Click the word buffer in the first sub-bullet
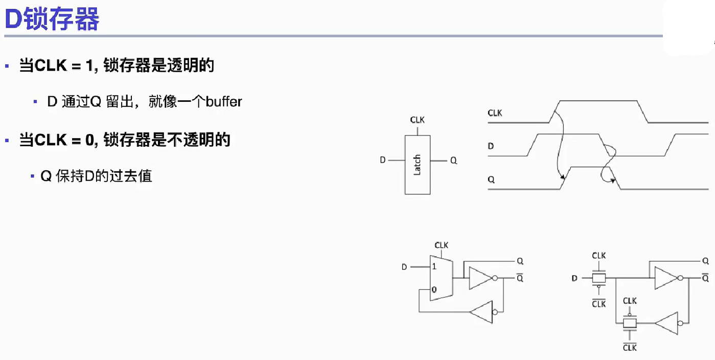click(x=224, y=102)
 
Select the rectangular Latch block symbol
click(x=417, y=165)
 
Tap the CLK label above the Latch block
click(x=417, y=120)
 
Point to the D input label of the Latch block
click(x=383, y=160)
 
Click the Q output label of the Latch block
click(x=454, y=161)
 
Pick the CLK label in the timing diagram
click(x=495, y=113)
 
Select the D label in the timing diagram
click(x=491, y=146)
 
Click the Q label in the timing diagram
click(x=491, y=180)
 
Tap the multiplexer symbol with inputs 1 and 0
click(x=441, y=278)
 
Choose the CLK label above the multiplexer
click(x=441, y=245)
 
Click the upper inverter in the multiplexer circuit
click(x=480, y=278)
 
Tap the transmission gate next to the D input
click(x=598, y=279)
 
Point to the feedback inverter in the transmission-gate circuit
click(x=667, y=323)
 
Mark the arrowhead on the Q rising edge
click(x=563, y=178)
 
